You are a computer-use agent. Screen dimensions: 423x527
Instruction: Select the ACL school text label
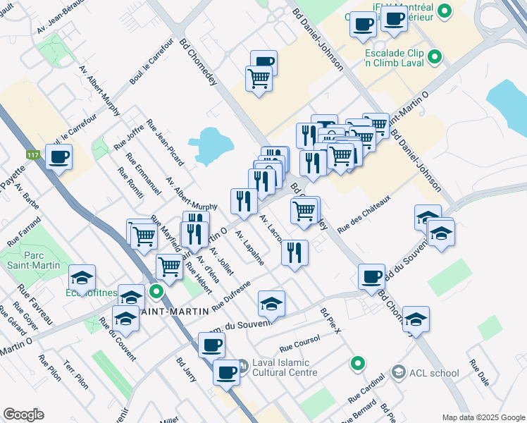[x=434, y=372]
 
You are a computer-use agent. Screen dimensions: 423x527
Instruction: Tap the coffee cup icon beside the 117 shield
[x=59, y=157]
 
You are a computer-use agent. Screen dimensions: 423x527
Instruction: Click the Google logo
[x=23, y=415]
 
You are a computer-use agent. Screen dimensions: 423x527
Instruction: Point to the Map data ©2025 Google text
[x=483, y=417]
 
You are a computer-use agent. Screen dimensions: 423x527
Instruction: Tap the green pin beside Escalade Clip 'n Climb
[x=435, y=56]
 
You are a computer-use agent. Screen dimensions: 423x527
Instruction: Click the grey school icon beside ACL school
[x=399, y=372]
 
